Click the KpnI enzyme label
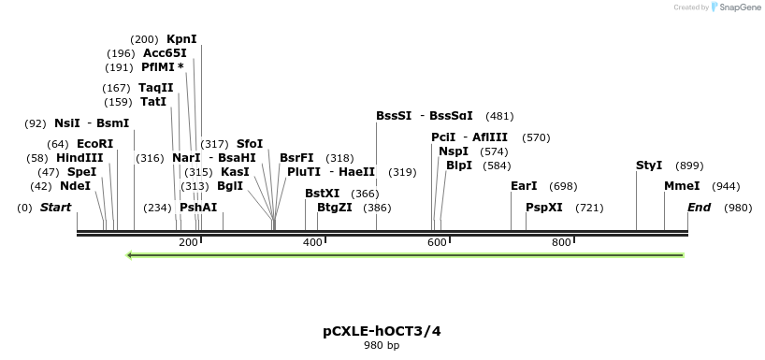tap(181, 39)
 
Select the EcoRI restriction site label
tap(94, 144)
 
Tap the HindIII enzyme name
tap(79, 158)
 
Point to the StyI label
tap(649, 166)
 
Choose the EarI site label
tap(524, 186)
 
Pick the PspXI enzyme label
tap(544, 208)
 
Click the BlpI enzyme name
tap(459, 166)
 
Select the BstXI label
tap(323, 194)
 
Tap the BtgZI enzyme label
tap(335, 208)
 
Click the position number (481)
tap(500, 117)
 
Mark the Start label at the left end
tap(55, 208)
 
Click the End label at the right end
tap(699, 208)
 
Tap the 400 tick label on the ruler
tap(312, 242)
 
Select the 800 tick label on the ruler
tap(561, 242)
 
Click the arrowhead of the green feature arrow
tap(130, 254)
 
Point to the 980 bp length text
tap(382, 346)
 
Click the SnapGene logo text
tap(739, 7)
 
